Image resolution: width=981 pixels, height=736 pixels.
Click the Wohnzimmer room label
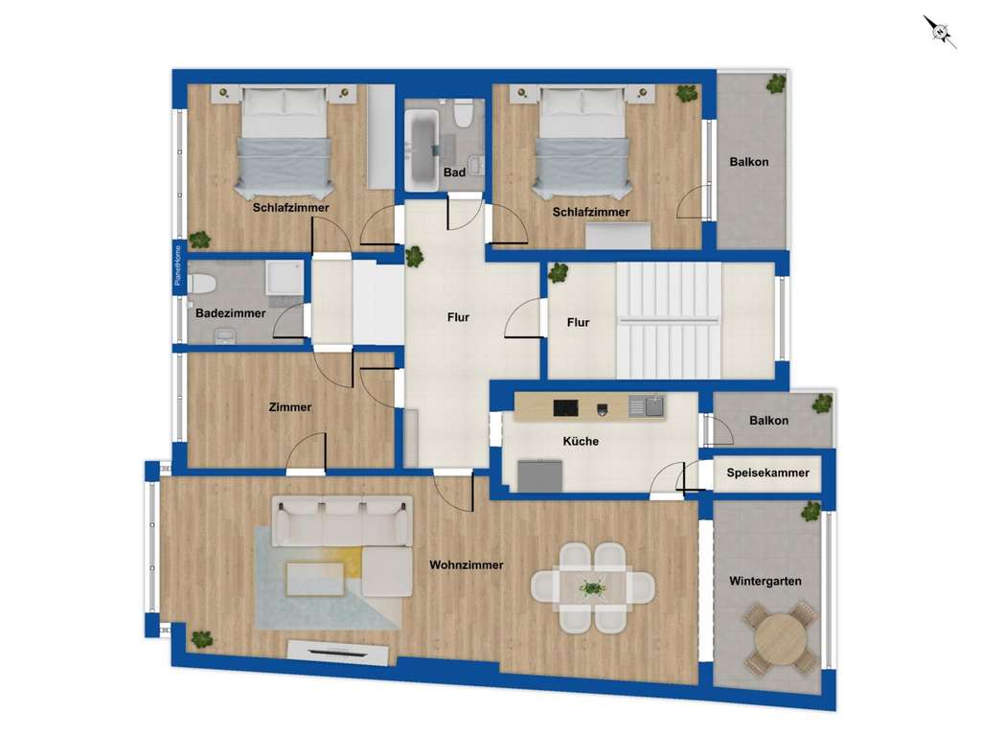[x=467, y=565]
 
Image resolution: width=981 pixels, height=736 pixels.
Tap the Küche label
[x=581, y=441]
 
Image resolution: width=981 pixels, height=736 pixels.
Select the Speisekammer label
[x=767, y=472]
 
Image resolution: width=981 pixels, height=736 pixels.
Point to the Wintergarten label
[x=764, y=581]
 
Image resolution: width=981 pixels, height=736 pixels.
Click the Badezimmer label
[x=230, y=313]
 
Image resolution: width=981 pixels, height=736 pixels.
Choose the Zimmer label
[x=289, y=407]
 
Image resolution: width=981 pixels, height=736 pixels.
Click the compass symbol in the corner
[x=941, y=31]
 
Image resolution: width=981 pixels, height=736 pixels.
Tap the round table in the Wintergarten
[x=780, y=637]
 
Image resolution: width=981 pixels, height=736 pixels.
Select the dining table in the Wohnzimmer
[x=593, y=586]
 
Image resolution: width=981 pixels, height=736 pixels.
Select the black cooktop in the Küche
[x=565, y=407]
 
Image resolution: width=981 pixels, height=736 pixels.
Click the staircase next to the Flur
[x=667, y=320]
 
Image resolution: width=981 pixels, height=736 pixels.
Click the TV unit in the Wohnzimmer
[x=338, y=653]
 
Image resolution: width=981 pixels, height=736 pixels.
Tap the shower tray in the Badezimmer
[x=285, y=280]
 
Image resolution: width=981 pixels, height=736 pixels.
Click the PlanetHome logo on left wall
[x=177, y=267]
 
